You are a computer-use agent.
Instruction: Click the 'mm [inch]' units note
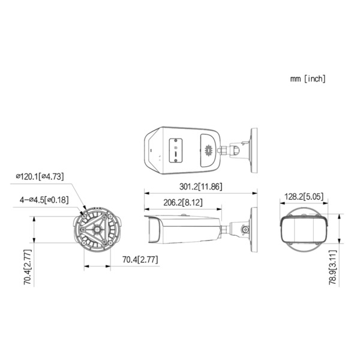[x=308, y=79]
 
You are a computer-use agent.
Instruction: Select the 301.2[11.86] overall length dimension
[x=201, y=187]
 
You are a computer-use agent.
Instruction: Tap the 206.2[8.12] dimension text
[x=183, y=203]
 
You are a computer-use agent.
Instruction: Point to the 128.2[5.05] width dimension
[x=304, y=197]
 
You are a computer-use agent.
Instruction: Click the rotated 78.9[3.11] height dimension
[x=332, y=268]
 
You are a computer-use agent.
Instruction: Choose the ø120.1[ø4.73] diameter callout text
[x=40, y=176]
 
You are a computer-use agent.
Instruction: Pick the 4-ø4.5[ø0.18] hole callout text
[x=44, y=200]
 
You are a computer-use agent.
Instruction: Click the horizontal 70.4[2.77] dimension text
[x=140, y=260]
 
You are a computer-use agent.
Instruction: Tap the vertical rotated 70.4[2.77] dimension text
[x=28, y=267]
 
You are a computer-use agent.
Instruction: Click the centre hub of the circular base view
[x=97, y=229]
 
